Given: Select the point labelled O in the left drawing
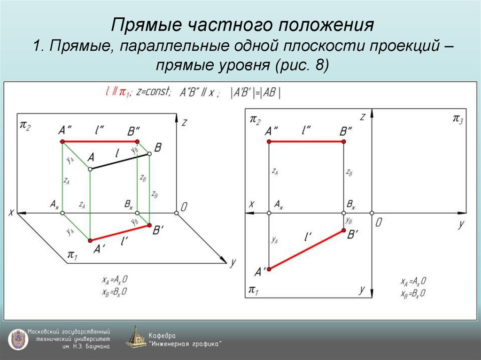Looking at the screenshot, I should click(x=176, y=213).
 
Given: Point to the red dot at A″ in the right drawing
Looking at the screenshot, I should click(x=269, y=141).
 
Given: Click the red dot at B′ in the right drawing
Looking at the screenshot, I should click(x=343, y=230).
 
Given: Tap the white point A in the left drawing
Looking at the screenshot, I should click(x=90, y=169).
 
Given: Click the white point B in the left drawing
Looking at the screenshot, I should click(x=149, y=153).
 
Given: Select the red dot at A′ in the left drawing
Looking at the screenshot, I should click(x=90, y=240).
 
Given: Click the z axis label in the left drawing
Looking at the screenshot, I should click(x=185, y=123).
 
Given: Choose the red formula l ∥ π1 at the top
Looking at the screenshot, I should click(x=117, y=93).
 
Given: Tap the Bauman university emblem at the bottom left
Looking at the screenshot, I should click(x=17, y=338).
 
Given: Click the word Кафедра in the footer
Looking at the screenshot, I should click(x=162, y=336).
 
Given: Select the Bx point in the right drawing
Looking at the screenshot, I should click(x=343, y=213).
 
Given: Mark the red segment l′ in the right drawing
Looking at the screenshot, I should click(x=306, y=250).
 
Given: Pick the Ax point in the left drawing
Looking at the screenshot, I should click(x=62, y=213).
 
